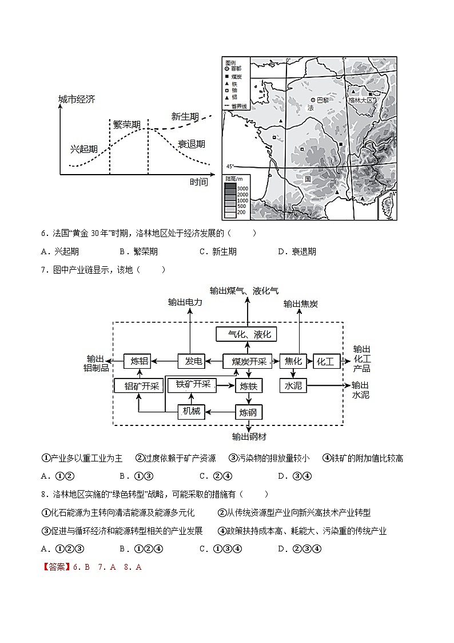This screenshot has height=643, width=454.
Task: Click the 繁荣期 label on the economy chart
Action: point(126,124)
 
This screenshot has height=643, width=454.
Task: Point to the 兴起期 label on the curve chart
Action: point(84,149)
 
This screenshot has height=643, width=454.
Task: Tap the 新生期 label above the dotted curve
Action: point(185,117)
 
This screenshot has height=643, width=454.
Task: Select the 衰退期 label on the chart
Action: point(191,144)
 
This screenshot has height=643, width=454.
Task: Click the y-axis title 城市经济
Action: point(77,100)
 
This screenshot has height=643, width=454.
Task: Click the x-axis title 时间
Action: point(198,182)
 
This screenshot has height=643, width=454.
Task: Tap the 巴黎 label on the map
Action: point(323,100)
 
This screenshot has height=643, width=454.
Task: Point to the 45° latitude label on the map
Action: point(230,166)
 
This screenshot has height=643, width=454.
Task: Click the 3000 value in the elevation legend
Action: point(242,188)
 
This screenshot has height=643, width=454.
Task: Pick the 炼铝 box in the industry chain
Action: point(140,361)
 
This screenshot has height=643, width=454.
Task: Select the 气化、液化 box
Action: point(249,334)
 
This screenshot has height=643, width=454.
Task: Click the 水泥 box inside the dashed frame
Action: point(293,385)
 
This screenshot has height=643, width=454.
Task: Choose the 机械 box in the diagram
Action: point(191,411)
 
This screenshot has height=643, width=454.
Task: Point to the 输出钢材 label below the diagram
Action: point(249,437)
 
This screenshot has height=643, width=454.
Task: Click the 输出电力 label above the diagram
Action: point(185,302)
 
